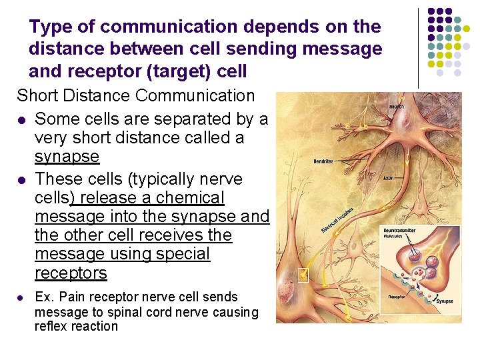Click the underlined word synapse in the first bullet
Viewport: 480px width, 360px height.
[x=67, y=157]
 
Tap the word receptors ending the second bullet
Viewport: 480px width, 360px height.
[x=71, y=273]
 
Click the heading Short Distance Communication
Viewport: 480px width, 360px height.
[x=136, y=96]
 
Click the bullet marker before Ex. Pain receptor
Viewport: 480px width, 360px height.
[x=23, y=297]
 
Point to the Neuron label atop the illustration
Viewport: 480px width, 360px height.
[x=397, y=107]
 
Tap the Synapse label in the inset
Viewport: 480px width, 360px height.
[x=445, y=301]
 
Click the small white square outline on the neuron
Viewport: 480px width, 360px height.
[x=304, y=275]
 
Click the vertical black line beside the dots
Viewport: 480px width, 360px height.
[x=419, y=47]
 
